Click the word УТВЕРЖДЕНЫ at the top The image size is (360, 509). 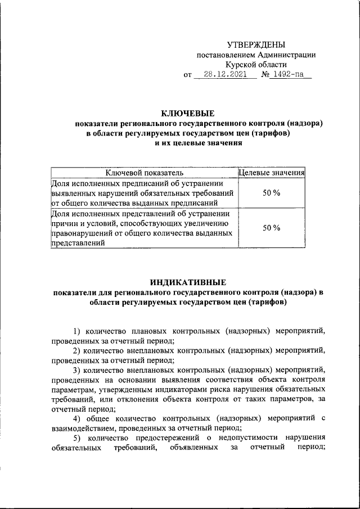(x=256, y=44)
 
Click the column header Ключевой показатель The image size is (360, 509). (x=145, y=173)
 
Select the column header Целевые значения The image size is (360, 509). (x=272, y=173)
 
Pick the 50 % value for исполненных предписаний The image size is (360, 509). (x=272, y=193)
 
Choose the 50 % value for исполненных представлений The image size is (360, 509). (x=272, y=228)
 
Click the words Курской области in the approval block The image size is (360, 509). (x=256, y=65)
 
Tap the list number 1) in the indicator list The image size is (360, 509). (x=78, y=331)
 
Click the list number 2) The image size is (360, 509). (x=78, y=350)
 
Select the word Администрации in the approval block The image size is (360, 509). (x=286, y=55)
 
